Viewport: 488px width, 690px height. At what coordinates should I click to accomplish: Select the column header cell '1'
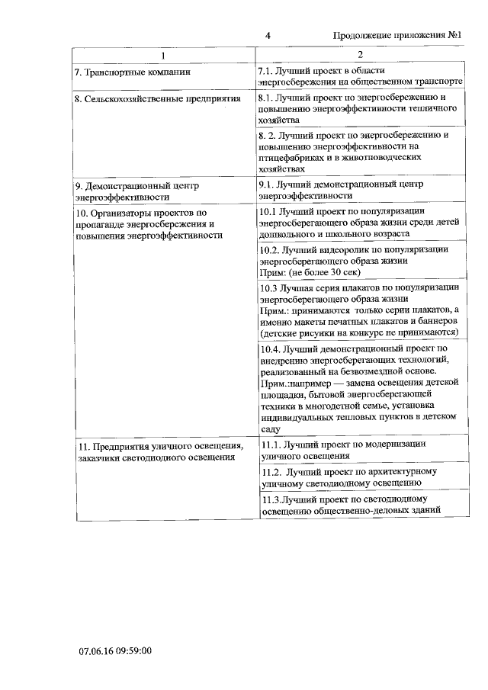point(163,55)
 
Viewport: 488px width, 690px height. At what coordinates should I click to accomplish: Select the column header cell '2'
point(361,55)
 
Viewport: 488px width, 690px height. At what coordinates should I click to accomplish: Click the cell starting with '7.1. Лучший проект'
point(360,75)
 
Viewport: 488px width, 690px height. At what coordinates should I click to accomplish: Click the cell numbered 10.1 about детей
point(359,221)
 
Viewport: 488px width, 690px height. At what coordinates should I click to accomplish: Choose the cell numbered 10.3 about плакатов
point(359,310)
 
